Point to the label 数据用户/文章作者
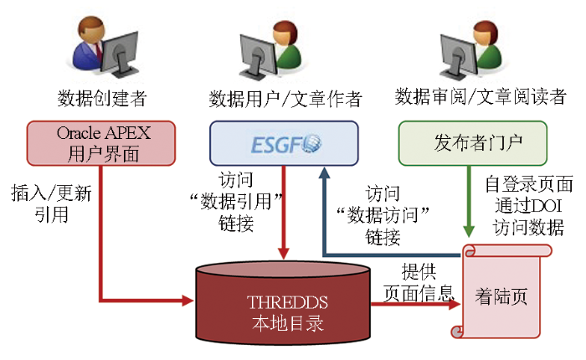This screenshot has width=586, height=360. (x=285, y=100)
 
